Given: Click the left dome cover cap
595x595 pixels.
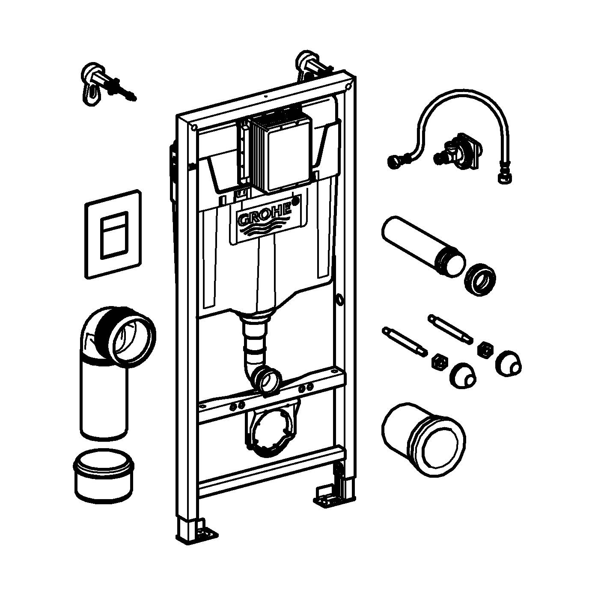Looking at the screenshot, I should coord(462,375).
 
